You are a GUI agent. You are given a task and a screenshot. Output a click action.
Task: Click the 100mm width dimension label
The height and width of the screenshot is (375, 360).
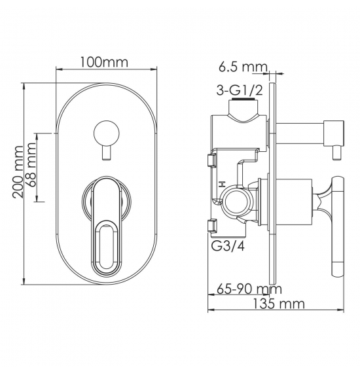(103, 62)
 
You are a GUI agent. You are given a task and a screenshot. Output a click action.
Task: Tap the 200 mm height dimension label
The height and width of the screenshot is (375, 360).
(18, 171)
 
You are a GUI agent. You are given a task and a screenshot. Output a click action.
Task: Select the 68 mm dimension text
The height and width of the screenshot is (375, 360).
(31, 164)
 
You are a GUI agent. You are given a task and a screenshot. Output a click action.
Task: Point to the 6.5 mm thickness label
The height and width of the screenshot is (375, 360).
(243, 67)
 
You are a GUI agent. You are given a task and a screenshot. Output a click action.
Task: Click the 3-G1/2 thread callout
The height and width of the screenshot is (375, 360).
(240, 90)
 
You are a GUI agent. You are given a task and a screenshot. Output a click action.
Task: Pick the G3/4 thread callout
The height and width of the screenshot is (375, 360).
(228, 246)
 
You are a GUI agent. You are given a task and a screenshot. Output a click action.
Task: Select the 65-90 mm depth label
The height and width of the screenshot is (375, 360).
(249, 289)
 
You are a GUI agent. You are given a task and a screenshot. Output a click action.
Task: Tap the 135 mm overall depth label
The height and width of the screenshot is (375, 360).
(279, 304)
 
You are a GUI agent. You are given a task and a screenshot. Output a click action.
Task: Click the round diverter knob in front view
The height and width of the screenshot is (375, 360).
(106, 134)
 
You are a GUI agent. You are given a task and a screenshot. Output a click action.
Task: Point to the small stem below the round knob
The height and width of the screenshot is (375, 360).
(106, 153)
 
